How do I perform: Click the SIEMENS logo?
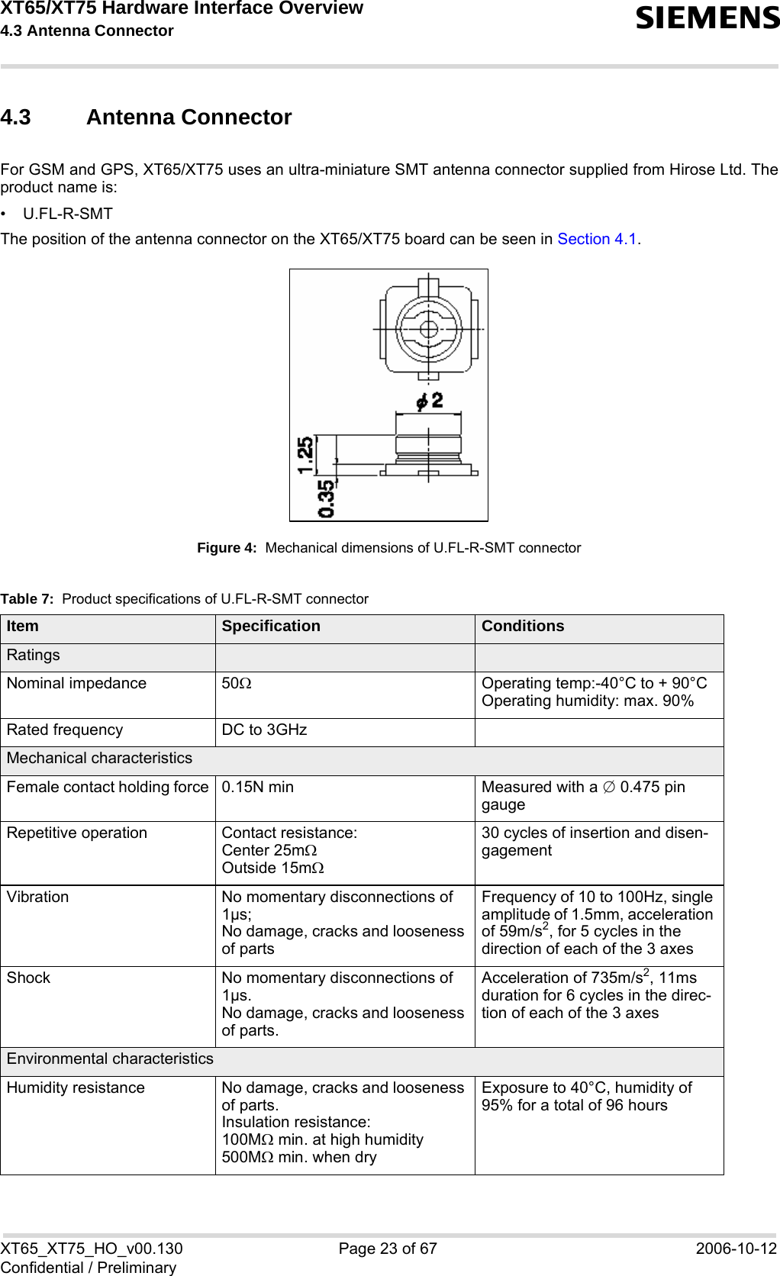tap(707, 18)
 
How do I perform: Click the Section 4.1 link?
tap(597, 240)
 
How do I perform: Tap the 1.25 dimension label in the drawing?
tap(305, 455)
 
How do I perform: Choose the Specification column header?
tap(271, 627)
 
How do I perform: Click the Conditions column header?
tap(523, 627)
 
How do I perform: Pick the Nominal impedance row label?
tap(76, 684)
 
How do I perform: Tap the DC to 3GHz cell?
tap(264, 730)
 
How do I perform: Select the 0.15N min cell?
tap(257, 787)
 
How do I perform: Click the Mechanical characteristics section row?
tap(100, 759)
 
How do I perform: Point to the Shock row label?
tap(29, 978)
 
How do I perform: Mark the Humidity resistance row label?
tap(76, 1088)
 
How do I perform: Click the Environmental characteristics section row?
tap(110, 1059)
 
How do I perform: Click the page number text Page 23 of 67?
tap(388, 1249)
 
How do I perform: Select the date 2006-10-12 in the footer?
tap(736, 1249)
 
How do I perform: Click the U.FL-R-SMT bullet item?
tap(68, 214)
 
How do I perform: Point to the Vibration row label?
tap(38, 897)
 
